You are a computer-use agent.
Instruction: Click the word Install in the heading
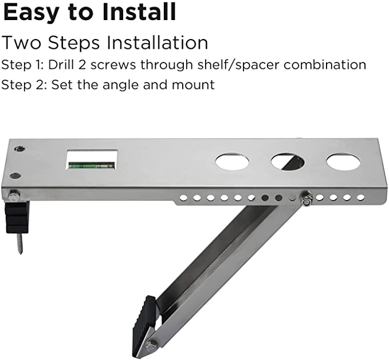coord(139,11)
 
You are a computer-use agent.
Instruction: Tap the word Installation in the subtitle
coord(158,42)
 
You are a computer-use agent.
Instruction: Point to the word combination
coord(325,65)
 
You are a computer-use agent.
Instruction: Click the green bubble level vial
coord(92,165)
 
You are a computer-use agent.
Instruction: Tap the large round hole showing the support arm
coord(288,162)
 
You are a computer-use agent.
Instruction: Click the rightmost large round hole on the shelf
coord(343,162)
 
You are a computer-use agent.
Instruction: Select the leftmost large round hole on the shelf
coord(232,162)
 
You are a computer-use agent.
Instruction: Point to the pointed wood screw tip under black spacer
coord(21,253)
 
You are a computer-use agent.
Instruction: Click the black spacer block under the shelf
coord(17,217)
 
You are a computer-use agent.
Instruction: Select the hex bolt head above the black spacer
coord(14,195)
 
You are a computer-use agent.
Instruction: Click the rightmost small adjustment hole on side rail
coord(360,198)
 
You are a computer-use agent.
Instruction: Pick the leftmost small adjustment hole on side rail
coord(183,198)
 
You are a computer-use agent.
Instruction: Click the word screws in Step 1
coord(113,65)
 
